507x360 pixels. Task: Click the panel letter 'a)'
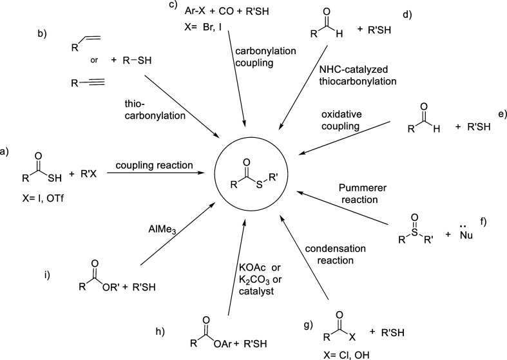pos(6,152)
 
